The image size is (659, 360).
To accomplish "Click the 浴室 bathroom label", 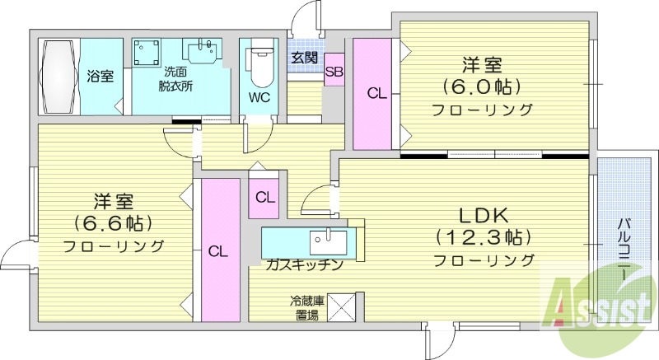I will tap(100, 77).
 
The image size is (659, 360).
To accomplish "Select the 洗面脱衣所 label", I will tap(177, 78).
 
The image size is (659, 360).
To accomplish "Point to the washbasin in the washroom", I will tap(203, 52).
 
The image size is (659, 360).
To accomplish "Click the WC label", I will tap(259, 96).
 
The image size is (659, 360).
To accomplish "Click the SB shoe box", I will tap(334, 72).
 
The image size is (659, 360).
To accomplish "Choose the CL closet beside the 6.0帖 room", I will tap(376, 94).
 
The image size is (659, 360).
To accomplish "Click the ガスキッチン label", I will tap(304, 264).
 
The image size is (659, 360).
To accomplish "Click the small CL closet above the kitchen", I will tap(264, 198).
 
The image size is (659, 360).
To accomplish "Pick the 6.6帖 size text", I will tap(114, 222).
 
